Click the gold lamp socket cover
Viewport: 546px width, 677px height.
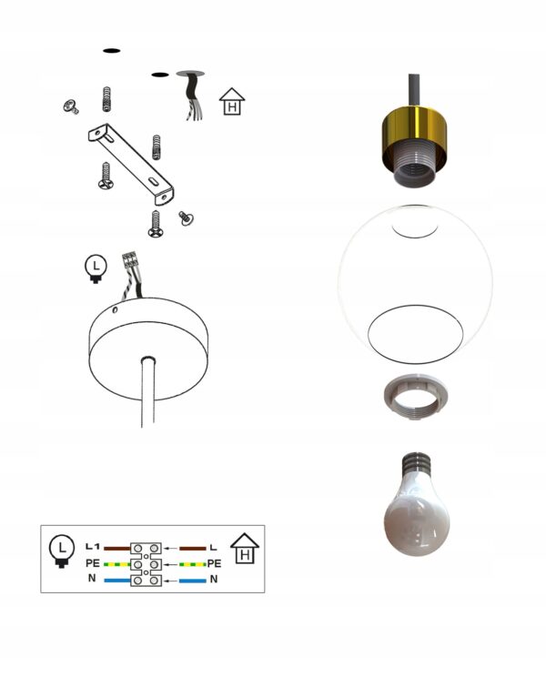414,129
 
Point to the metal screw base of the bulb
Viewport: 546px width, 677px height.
416,463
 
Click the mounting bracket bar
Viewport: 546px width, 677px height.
131,164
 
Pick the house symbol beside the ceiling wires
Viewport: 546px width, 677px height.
232,102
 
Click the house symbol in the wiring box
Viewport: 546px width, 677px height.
245,549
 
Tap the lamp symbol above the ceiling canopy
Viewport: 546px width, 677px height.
96,269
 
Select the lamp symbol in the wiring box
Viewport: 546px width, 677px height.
61,551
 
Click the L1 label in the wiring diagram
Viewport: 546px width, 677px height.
93,547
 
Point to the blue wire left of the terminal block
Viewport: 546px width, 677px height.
117,581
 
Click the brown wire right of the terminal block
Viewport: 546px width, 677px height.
193,549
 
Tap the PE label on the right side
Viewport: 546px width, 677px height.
214,563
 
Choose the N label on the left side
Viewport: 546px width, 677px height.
92,578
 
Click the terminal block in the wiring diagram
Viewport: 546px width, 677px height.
146,564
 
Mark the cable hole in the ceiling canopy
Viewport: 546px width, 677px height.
148,359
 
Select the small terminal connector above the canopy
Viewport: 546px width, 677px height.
129,260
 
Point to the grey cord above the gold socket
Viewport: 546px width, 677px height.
414,91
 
